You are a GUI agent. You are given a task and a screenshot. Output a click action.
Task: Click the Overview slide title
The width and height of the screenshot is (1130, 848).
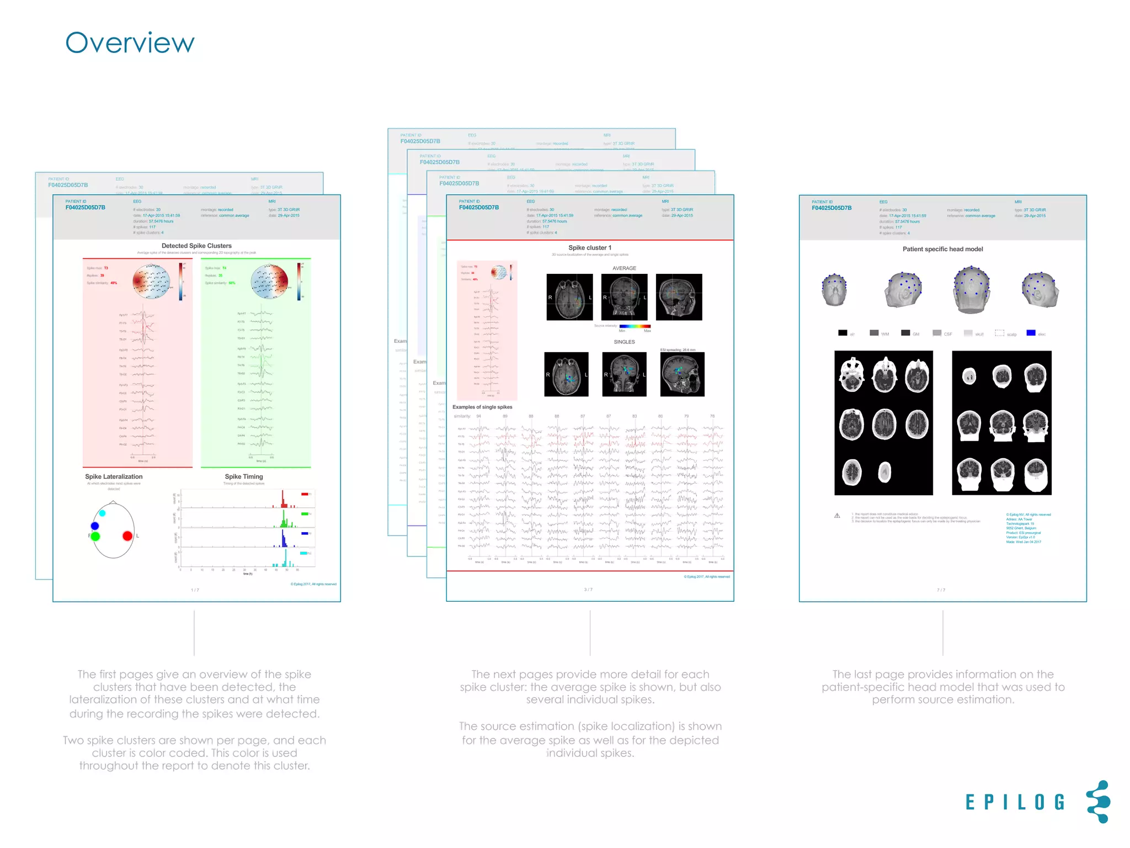tap(130, 43)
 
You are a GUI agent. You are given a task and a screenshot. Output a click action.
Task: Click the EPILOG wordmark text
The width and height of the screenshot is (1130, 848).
tap(1015, 802)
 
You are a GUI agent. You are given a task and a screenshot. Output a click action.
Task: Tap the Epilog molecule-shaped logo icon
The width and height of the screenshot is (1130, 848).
tap(1098, 802)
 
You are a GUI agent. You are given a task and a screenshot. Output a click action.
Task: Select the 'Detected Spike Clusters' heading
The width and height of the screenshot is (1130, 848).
tap(196, 246)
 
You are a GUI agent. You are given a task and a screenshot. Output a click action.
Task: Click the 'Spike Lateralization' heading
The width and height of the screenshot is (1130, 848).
tap(114, 476)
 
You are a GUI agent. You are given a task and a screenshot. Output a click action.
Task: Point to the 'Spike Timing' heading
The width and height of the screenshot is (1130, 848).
tap(244, 476)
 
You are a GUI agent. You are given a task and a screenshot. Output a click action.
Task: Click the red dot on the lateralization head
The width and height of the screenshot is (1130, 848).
tap(127, 536)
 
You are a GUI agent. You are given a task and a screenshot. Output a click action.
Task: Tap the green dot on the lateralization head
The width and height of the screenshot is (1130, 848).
tap(95, 536)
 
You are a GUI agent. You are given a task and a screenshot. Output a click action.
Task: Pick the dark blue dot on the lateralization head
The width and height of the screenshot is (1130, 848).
tap(95, 526)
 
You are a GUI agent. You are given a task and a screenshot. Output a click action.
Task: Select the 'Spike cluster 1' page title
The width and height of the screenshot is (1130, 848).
tap(590, 248)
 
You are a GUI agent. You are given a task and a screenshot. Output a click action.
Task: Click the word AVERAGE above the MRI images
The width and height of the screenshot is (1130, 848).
tap(624, 268)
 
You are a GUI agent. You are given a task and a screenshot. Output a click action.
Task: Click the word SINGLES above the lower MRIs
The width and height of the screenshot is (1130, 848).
tap(624, 342)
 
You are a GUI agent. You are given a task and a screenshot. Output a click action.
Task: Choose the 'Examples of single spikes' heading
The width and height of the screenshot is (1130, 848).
tap(482, 407)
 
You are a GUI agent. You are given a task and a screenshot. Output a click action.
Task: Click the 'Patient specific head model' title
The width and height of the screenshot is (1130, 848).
tap(942, 249)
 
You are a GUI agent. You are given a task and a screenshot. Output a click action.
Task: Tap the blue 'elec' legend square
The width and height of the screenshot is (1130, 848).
tap(1030, 333)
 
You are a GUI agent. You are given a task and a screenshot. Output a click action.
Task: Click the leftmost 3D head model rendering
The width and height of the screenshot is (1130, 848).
tap(834, 290)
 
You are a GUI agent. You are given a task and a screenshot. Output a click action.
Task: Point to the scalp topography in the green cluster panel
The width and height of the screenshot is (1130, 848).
tap(269, 282)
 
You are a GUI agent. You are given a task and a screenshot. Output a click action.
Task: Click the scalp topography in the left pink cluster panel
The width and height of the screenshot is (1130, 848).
tap(151, 282)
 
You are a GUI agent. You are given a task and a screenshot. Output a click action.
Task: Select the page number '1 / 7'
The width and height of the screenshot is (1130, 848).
tap(195, 590)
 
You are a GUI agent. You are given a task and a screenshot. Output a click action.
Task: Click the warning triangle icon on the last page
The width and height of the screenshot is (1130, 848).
tap(837, 516)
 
